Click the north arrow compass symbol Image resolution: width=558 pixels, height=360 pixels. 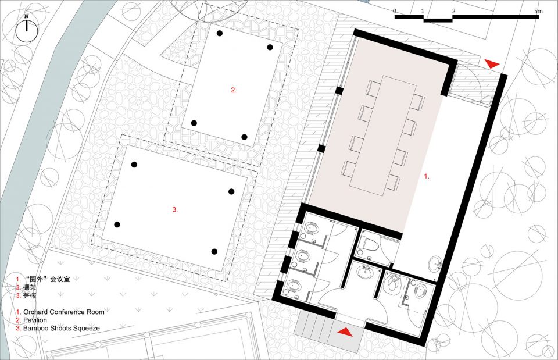coord(27,29)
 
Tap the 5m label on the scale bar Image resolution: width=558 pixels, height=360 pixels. coord(538,11)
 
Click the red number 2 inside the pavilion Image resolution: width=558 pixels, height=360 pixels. coord(234,91)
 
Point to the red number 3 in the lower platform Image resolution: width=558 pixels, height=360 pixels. coord(175,210)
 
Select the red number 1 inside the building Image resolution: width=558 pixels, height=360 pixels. coord(427,176)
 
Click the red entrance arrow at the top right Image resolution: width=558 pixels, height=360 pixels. coord(492,64)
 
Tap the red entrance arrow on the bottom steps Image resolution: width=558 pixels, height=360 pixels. coord(345,332)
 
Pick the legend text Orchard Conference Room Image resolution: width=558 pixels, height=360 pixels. coord(64,312)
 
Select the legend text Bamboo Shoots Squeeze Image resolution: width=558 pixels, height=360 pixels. coord(62,329)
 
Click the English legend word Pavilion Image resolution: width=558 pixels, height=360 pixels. coord(35,320)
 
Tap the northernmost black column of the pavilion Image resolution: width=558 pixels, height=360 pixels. coord(220,33)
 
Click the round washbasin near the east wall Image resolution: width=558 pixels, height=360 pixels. coord(435,264)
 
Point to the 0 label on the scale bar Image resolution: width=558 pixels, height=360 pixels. coord(394,11)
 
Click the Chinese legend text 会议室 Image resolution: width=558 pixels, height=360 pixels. coord(60,279)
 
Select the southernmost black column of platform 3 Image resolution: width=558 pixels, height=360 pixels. coord(214,252)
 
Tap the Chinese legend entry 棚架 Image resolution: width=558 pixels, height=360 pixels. coord(30,287)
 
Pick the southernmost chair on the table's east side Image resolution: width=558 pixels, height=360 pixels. coord(393,182)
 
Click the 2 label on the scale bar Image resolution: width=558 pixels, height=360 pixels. coord(454,11)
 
